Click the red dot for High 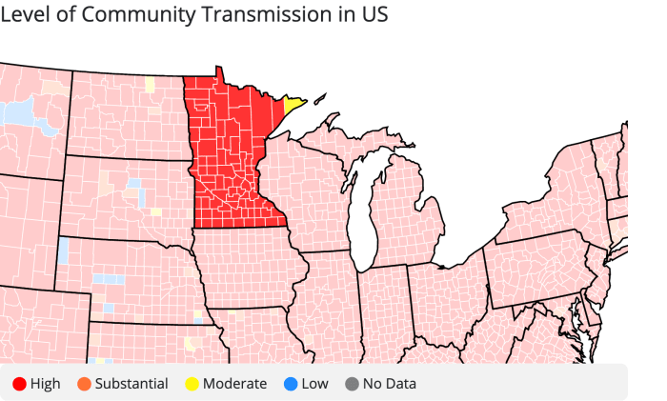18,384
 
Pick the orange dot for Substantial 83,384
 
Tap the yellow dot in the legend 191,384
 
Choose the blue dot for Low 290,384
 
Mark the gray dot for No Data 353,384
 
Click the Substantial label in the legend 131,384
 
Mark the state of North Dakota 129,119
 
